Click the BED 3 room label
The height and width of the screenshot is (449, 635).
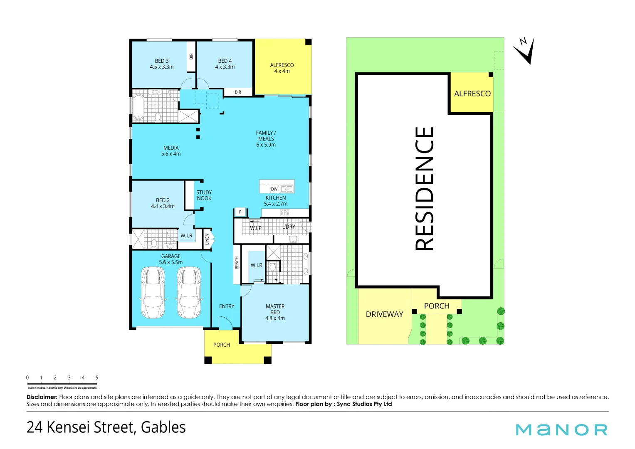pos(162,61)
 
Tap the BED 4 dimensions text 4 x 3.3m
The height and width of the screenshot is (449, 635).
pos(225,67)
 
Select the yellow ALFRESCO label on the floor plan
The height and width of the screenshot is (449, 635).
pos(282,65)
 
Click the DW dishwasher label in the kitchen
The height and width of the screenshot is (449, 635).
pos(274,189)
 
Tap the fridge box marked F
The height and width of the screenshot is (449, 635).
pos(240,212)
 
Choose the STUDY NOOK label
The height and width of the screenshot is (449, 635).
pos(204,195)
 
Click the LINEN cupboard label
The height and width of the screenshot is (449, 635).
pos(207,239)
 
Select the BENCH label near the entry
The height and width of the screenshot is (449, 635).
pos(237,263)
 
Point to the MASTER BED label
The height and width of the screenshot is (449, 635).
pos(275,309)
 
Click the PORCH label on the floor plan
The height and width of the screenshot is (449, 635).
pos(222,345)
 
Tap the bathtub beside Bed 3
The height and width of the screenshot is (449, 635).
pos(138,106)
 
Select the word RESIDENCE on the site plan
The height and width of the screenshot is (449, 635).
pos(425,188)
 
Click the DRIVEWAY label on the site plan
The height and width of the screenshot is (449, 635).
pos(385,314)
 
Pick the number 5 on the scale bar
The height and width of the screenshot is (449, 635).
pos(97,378)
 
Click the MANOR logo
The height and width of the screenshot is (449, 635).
pos(561,429)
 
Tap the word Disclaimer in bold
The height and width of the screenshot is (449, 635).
pos(42,397)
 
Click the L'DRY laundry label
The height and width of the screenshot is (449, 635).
pos(289,227)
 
